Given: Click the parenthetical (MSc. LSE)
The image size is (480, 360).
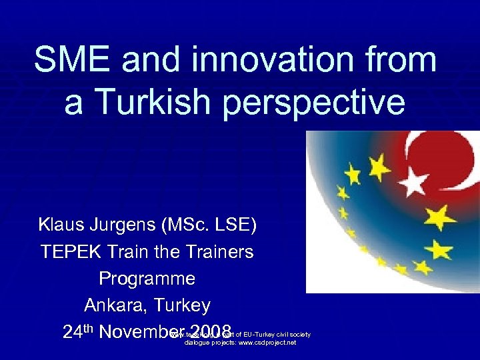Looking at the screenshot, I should (215, 226).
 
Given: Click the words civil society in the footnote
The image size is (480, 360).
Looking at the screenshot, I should (293, 334).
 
